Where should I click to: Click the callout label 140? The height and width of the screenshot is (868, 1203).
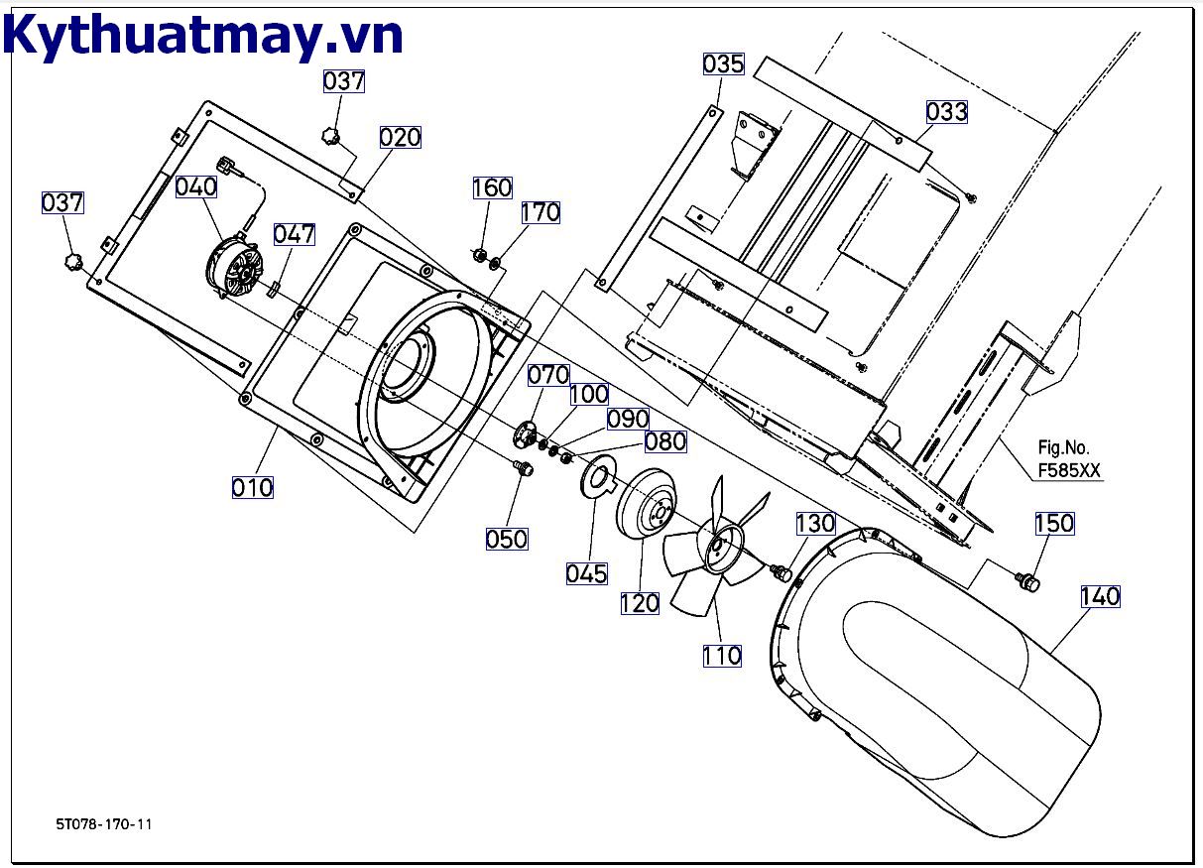point(1100,596)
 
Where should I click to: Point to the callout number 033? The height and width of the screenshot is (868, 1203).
point(946,112)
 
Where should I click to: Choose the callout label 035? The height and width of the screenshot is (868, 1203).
point(723,64)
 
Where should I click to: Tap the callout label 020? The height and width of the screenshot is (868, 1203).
point(400,137)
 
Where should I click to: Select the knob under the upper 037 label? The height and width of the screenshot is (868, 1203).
point(330,134)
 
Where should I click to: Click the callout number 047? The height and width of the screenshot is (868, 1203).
point(295,234)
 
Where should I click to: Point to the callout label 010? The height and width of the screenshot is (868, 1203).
point(252,487)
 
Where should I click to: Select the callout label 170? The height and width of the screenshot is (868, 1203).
point(541,212)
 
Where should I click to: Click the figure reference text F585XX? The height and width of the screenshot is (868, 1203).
point(1069,471)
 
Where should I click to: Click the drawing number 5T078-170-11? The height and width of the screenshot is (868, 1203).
point(104,823)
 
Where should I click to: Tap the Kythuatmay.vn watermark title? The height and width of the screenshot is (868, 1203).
point(203,35)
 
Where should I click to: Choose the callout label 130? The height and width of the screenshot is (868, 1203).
point(815,523)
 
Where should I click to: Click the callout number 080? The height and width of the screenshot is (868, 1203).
point(664,441)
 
